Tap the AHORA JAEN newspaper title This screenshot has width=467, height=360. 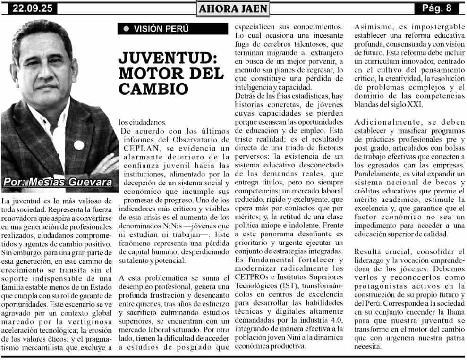[x=233, y=8]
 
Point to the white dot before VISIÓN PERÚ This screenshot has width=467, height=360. [x=126, y=29]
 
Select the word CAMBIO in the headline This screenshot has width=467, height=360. [x=153, y=88]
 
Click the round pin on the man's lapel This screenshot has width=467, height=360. [x=79, y=144]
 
